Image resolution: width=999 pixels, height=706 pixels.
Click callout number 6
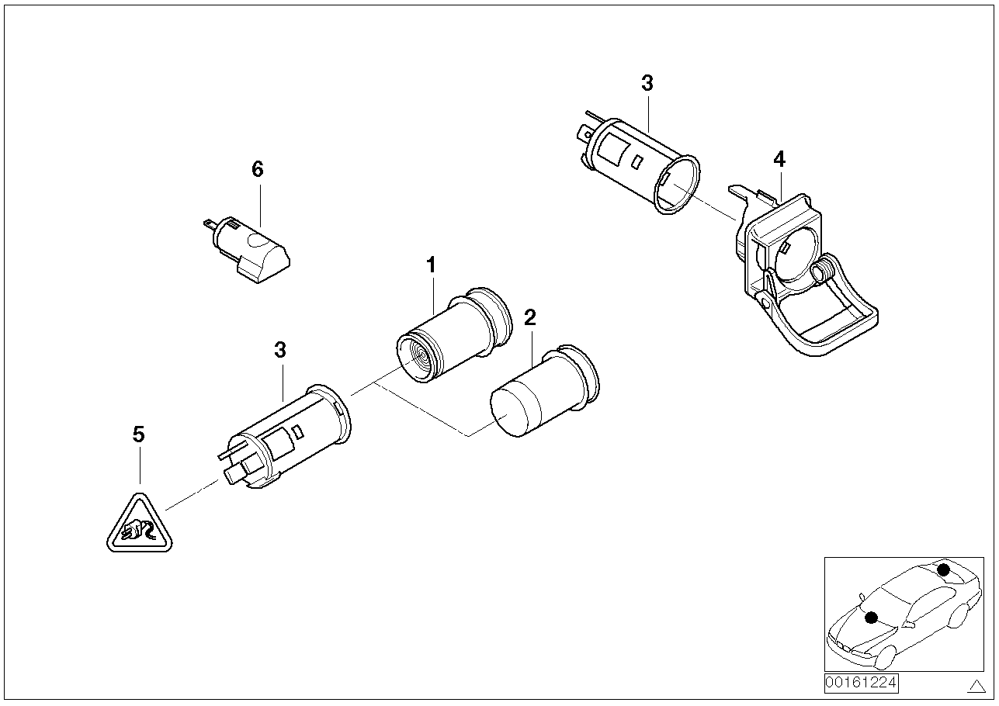coord(258,169)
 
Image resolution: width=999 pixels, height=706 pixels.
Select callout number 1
coord(431,265)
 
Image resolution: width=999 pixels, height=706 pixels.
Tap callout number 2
coord(530,317)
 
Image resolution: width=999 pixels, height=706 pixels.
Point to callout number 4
coord(779,160)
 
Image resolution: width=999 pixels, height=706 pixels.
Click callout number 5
coord(139,434)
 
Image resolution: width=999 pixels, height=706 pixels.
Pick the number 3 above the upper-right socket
coord(647,84)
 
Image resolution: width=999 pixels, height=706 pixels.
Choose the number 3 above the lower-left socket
coord(280,350)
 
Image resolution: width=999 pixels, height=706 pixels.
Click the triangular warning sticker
coord(139,528)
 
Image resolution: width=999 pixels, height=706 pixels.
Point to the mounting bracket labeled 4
coord(800,279)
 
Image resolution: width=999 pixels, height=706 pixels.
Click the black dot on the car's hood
coord(871,618)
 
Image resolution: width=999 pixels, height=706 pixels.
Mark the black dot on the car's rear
coord(943,569)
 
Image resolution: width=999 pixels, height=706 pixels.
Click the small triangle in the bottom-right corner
coord(976,685)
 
